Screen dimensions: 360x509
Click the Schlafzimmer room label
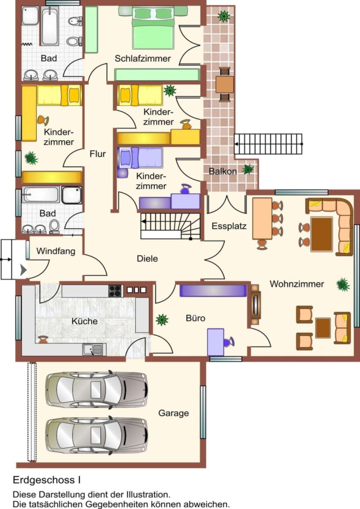143,58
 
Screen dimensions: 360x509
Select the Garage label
174,413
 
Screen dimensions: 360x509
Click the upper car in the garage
96,390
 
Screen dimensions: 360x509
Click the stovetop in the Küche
115,291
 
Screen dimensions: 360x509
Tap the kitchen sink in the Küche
93,350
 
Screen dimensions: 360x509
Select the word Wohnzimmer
297,284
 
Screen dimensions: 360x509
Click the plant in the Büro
162,320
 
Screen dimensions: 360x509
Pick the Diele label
147,258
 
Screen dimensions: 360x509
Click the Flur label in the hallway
98,154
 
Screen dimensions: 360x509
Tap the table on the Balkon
225,84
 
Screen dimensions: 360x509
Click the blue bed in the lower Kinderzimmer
141,158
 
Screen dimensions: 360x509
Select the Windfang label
55,251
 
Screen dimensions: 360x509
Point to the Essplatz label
229,226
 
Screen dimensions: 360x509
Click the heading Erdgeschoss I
47,480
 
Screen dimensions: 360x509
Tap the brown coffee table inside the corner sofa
322,234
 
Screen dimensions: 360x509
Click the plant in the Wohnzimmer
343,284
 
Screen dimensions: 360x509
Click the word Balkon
222,171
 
